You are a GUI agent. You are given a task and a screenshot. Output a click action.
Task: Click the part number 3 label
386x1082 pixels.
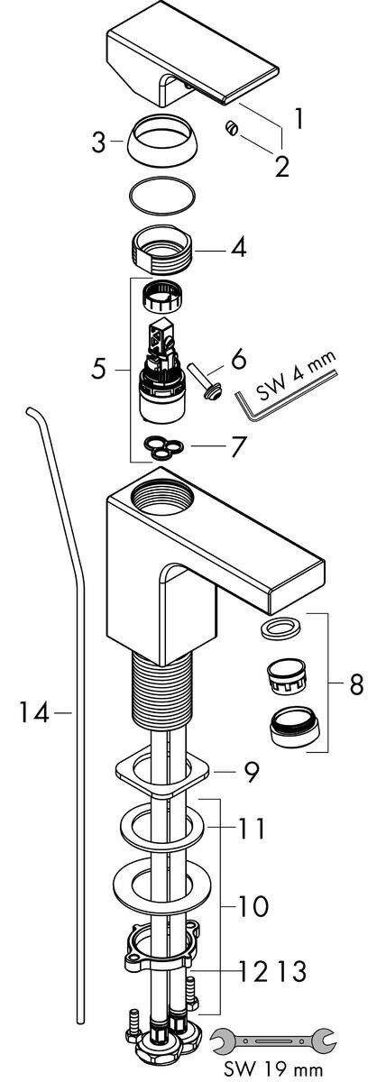click(98, 142)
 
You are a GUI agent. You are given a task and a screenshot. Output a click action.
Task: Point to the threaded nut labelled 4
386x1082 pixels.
click(161, 248)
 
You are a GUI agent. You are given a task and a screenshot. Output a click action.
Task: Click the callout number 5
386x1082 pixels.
click(98, 369)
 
